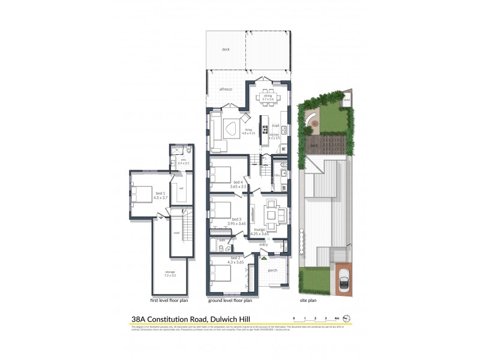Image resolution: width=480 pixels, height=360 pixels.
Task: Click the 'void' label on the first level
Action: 176,233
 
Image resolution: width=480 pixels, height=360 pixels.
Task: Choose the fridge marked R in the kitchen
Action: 283,148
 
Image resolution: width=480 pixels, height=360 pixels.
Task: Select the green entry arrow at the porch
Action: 263,258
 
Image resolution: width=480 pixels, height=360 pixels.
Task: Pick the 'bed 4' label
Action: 238,182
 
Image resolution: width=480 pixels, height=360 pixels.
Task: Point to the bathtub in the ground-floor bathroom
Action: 214,245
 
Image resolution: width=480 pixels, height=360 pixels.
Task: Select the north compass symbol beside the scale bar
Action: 353,317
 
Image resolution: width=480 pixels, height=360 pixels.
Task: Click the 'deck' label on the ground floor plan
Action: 226,49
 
